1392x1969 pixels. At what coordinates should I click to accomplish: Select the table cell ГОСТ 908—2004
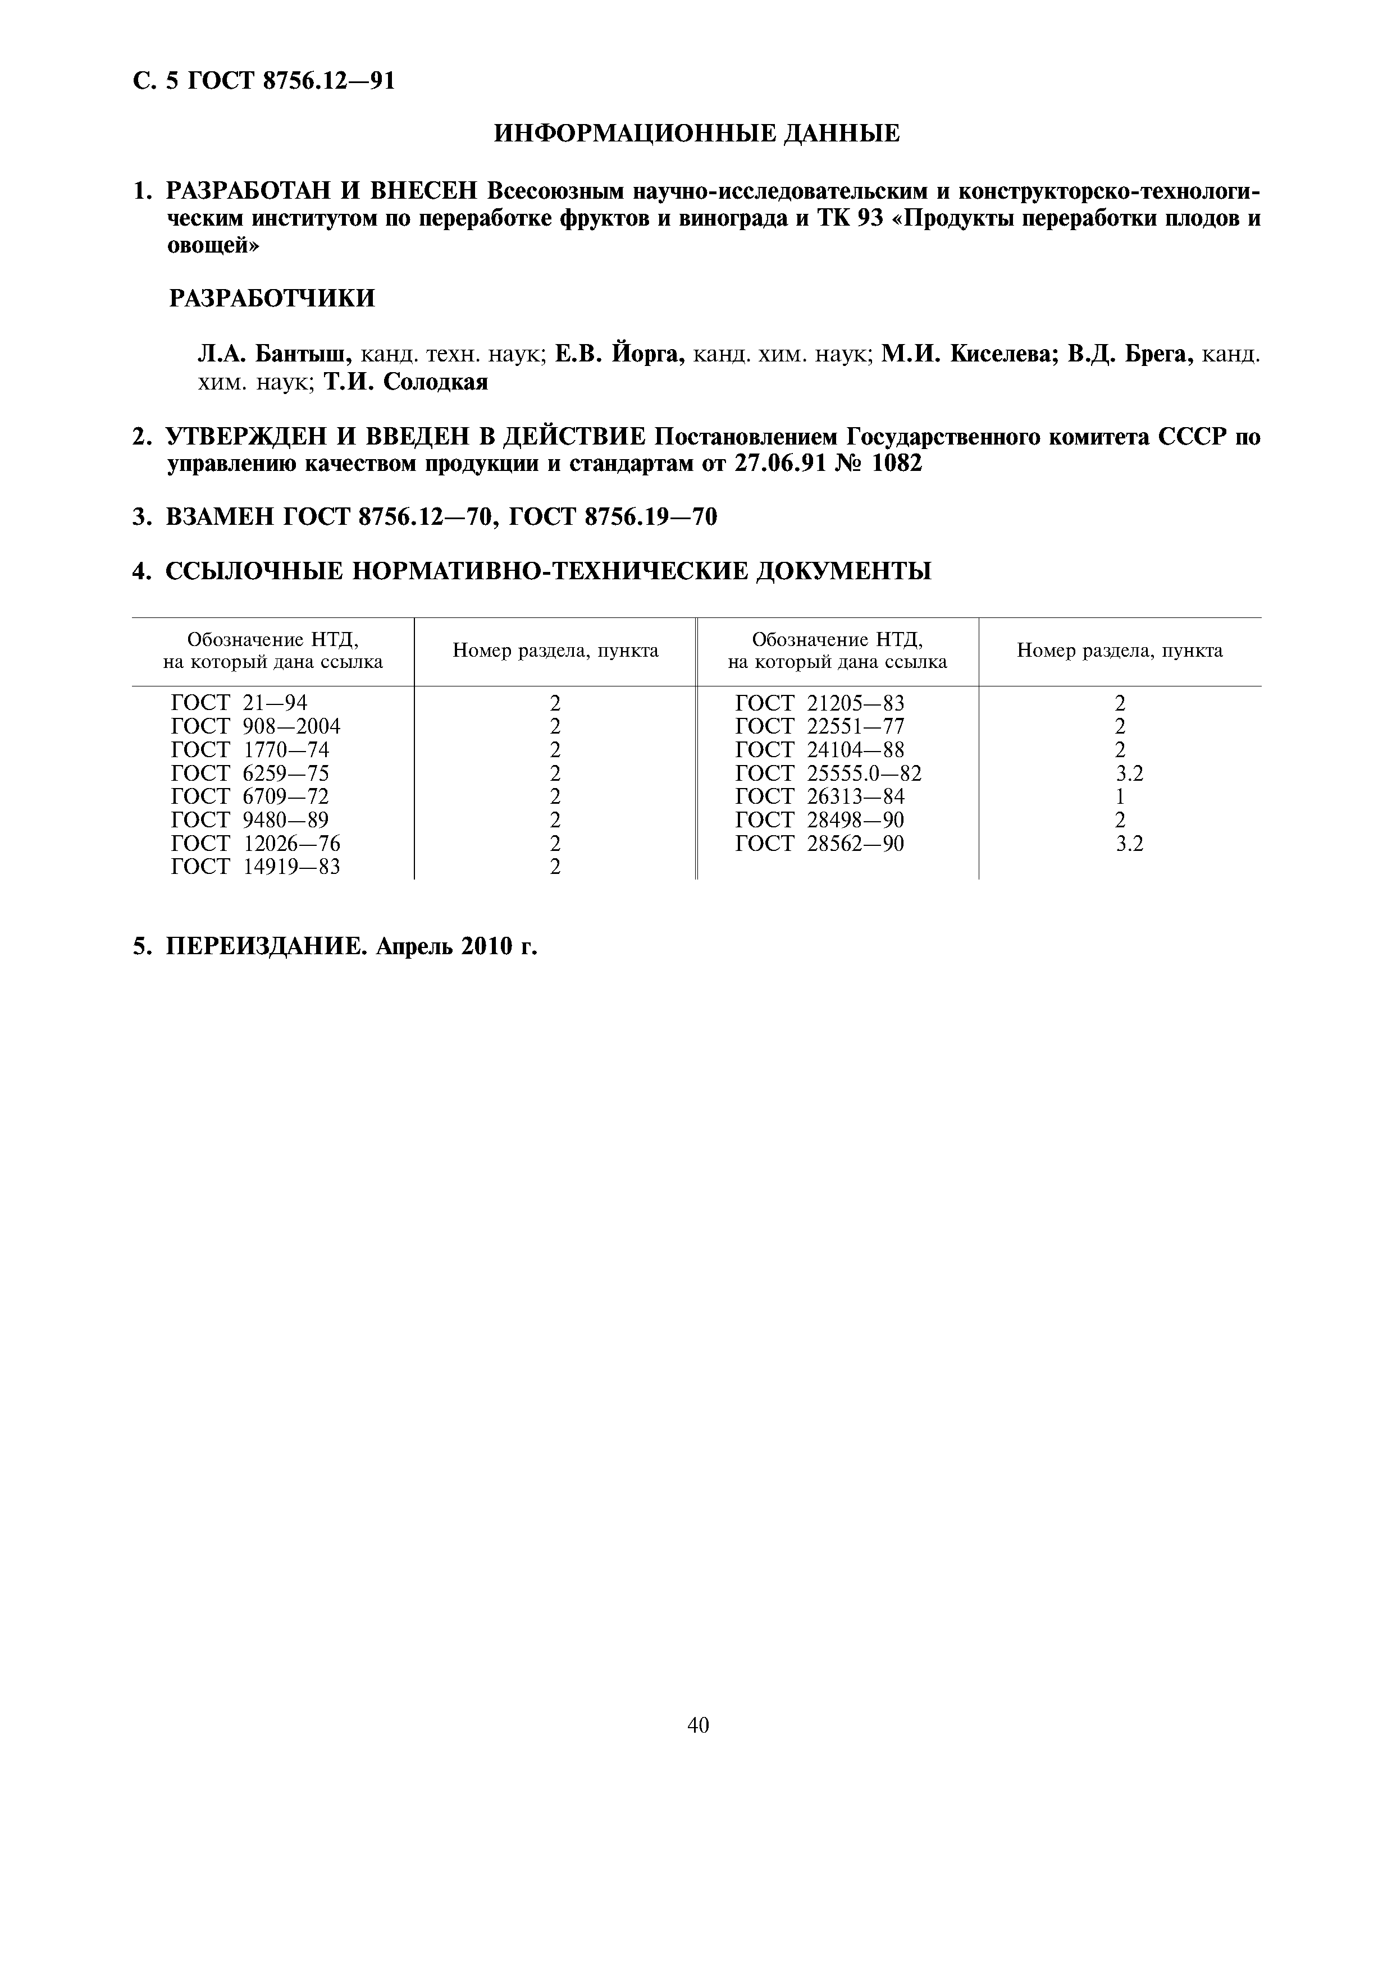pyautogui.click(x=255, y=726)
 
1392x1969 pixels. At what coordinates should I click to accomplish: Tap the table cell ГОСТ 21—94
pyautogui.click(x=239, y=703)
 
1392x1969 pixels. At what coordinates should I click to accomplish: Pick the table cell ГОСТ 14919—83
pyautogui.click(x=255, y=867)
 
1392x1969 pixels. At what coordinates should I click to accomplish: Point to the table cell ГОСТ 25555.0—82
pyautogui.click(x=828, y=773)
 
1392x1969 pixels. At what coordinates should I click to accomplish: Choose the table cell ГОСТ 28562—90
pyautogui.click(x=819, y=844)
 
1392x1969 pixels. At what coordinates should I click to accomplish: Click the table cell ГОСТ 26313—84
pyautogui.click(x=819, y=796)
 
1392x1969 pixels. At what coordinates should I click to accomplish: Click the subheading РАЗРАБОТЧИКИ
pyautogui.click(x=271, y=299)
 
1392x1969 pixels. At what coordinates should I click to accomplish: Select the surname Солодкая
pyautogui.click(x=435, y=382)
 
